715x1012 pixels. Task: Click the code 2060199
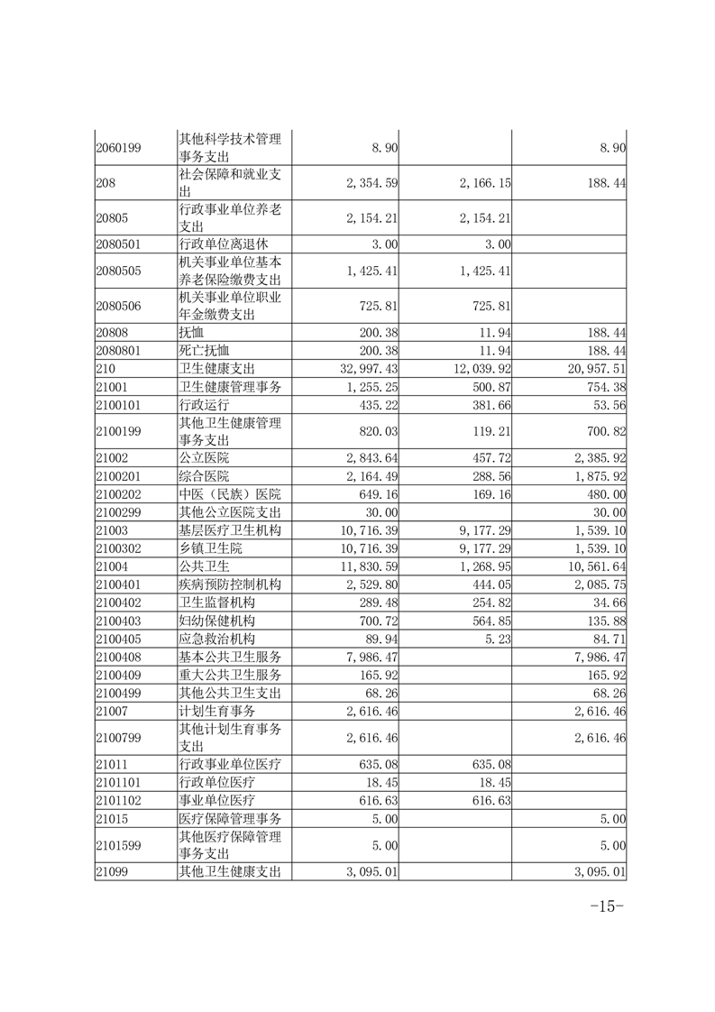pos(118,147)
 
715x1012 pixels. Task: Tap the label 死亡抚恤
pos(205,351)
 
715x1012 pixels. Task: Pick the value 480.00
pos(605,494)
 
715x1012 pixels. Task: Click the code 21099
pos(112,871)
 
